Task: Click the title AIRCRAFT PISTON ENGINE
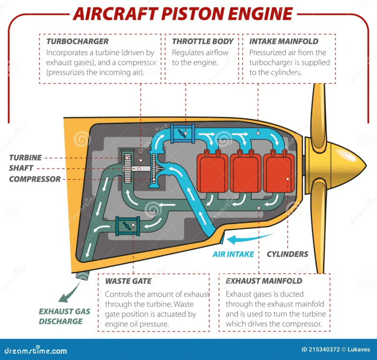pos(183,13)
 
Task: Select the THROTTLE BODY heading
pos(202,41)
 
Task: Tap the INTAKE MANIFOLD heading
pos(284,41)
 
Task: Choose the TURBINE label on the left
pos(25,158)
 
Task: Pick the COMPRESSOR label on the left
pos(35,179)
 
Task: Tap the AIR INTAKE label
pos(233,254)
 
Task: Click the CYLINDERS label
pos(287,254)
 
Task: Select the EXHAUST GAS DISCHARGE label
pos(61,316)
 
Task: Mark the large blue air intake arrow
pos(243,239)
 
